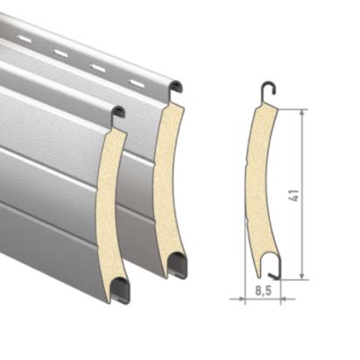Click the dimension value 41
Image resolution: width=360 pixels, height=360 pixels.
coord(293,195)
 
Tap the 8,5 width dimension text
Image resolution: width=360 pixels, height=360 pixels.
coord(264,291)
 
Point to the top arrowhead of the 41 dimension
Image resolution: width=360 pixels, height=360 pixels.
coord(302,113)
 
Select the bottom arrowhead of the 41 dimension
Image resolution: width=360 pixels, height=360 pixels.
coord(302,276)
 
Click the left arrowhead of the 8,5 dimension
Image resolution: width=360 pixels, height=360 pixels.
coord(240,299)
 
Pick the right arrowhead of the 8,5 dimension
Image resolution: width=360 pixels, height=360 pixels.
coord(284,299)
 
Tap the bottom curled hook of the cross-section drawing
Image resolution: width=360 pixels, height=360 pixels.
coord(274,268)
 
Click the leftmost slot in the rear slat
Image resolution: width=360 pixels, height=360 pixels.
coord(24,38)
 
